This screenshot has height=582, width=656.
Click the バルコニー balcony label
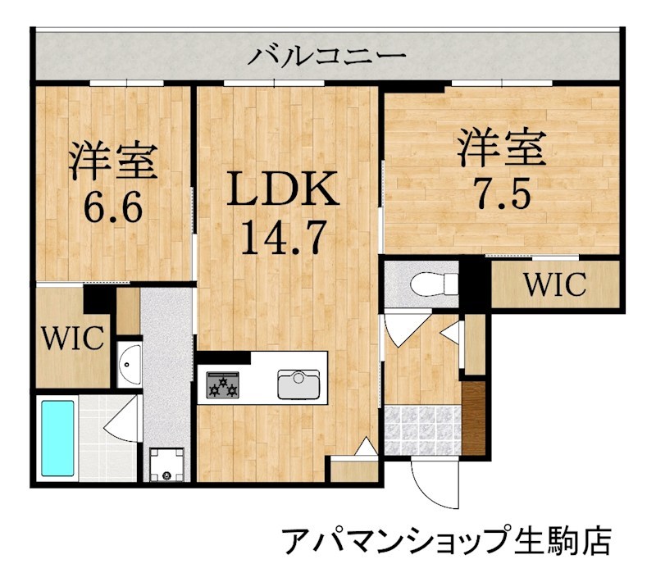[327, 57]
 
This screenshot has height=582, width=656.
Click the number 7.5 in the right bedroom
[501, 193]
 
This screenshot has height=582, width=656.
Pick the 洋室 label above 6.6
[112, 161]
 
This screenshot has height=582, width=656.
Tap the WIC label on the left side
[72, 337]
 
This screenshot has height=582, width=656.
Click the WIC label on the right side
[555, 284]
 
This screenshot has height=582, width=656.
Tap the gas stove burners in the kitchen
[223, 383]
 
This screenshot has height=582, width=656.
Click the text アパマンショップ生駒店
[447, 541]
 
